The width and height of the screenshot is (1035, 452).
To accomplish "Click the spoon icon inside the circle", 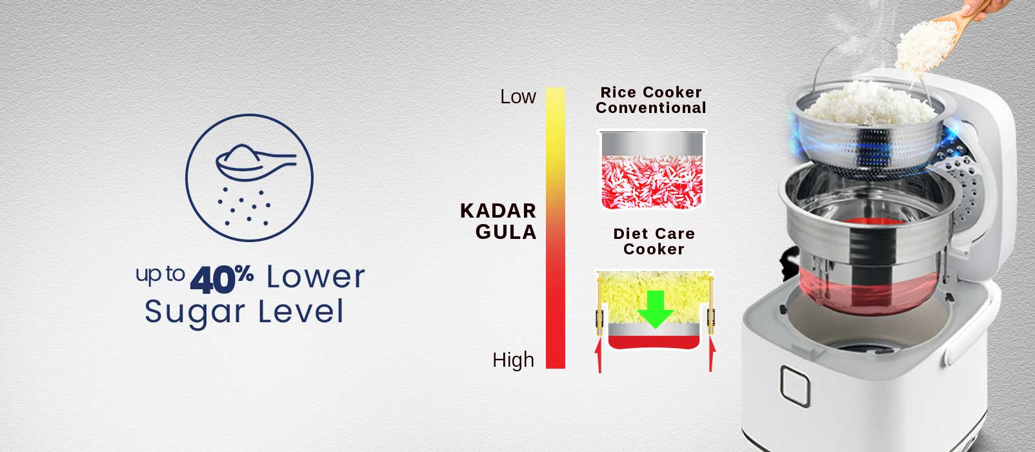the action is click(255, 162).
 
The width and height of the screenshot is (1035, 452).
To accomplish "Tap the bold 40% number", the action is click(222, 279).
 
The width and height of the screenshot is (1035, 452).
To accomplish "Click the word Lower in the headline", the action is click(316, 277).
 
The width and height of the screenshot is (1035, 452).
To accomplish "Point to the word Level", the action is click(301, 311).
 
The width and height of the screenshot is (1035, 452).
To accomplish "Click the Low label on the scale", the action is click(518, 97).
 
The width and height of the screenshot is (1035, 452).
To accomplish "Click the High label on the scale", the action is click(514, 360).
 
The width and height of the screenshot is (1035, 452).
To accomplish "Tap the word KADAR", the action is click(498, 211).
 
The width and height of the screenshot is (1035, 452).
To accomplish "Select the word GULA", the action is click(506, 232).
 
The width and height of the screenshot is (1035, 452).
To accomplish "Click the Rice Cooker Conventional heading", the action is click(650, 100).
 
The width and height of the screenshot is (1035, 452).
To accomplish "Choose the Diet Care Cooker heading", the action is click(654, 241).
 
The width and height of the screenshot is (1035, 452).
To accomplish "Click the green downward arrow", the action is click(655, 309).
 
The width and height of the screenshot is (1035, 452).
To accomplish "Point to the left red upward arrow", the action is click(599, 354).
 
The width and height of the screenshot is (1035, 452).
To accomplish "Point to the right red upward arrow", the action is click(711, 354).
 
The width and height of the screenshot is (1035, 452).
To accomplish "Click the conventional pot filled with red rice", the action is click(652, 170).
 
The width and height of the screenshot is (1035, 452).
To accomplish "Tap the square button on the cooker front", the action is click(795, 386).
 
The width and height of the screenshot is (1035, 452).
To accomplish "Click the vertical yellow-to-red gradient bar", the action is click(556, 228).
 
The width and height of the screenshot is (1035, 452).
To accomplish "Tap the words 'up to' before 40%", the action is click(160, 274).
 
